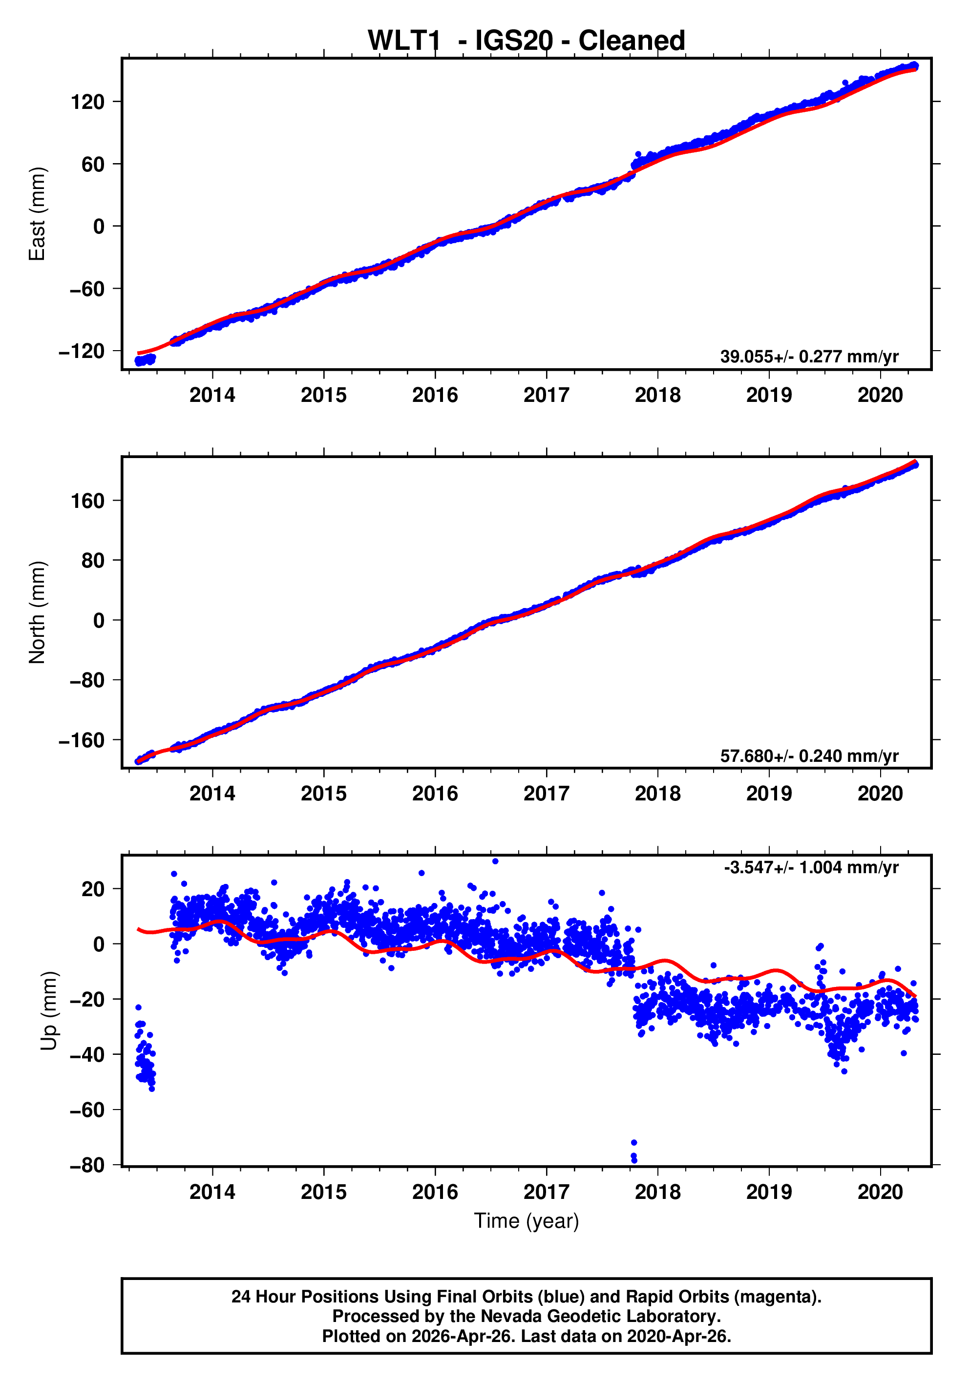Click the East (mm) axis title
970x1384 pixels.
point(38,214)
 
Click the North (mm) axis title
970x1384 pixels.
point(38,612)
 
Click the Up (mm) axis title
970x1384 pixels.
point(49,1011)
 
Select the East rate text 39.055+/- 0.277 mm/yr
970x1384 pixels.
point(808,357)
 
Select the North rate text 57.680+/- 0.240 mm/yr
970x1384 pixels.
point(808,756)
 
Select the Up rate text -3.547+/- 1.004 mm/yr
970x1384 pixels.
point(811,867)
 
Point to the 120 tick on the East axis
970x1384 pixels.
point(87,102)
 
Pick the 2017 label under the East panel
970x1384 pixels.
point(546,396)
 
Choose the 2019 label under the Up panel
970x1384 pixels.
point(769,1192)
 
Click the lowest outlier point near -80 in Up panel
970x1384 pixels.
point(633,1160)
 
